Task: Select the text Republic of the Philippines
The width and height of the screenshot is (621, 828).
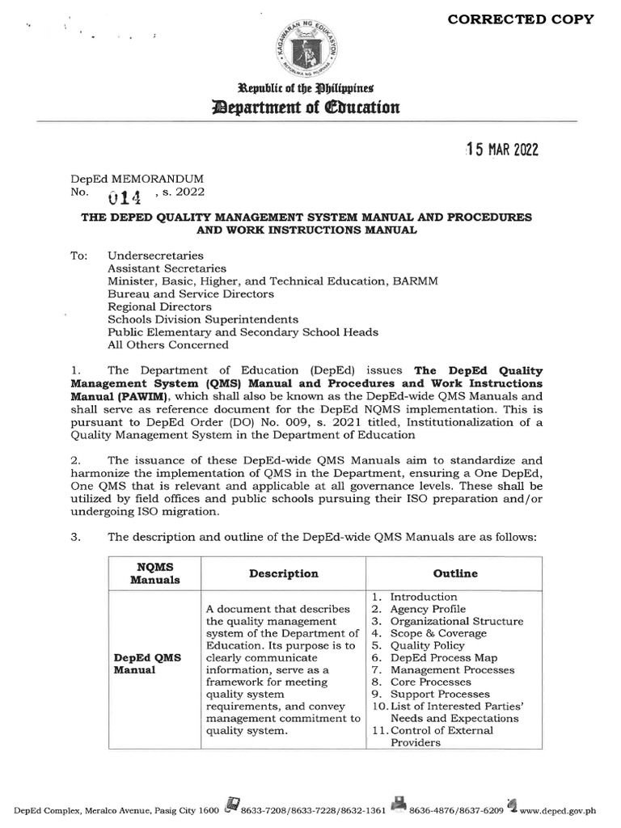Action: pos(310,87)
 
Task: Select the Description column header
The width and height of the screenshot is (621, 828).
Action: pos(284,573)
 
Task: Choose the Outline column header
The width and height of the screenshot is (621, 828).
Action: pos(455,573)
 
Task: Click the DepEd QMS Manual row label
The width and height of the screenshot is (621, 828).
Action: pos(146,664)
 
